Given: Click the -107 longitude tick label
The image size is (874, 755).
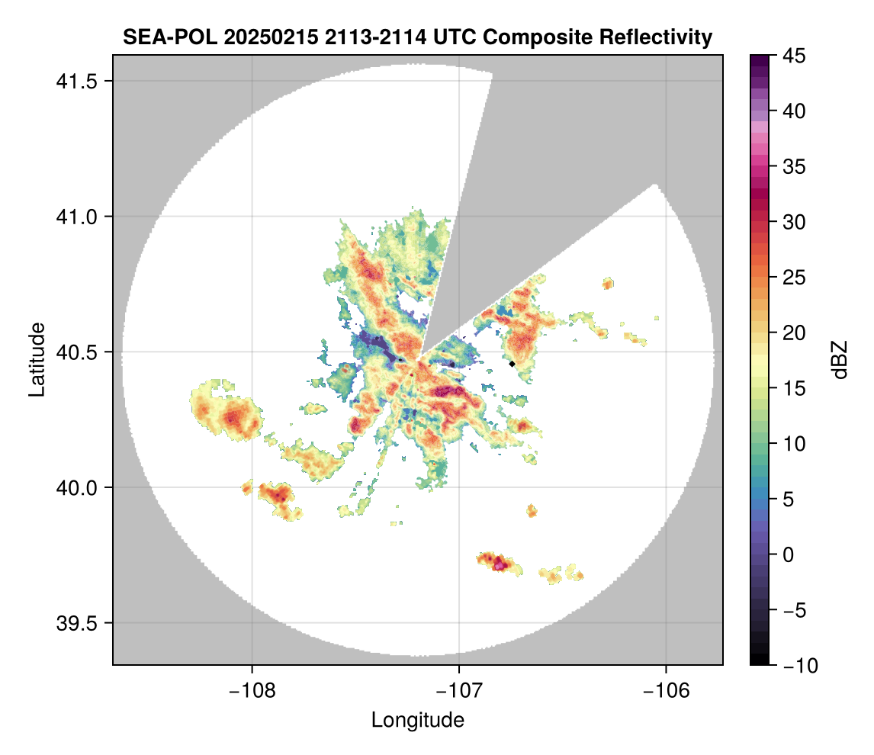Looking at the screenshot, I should [x=459, y=690].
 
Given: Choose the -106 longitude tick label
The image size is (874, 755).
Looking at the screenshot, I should [x=667, y=690].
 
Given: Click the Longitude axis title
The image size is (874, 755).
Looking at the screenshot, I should [x=418, y=719].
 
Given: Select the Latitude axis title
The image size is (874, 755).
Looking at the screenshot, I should [x=37, y=359].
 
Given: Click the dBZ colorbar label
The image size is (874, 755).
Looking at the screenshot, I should [x=840, y=359].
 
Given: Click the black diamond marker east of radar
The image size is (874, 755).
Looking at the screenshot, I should [x=513, y=364].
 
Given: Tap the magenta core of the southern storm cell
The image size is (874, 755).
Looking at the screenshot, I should [x=500, y=564].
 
